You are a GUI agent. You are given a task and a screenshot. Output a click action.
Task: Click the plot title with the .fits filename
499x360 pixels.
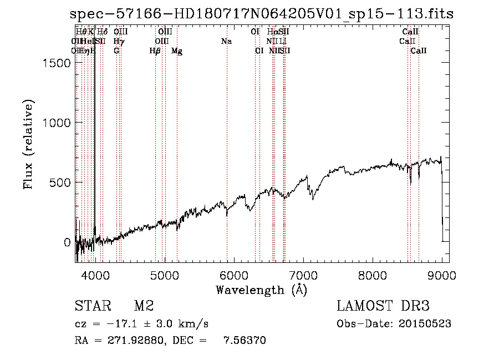click(262, 14)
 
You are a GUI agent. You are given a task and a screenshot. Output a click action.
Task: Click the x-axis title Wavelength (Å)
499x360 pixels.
click(262, 290)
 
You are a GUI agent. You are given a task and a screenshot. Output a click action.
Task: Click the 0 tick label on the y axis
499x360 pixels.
click(67, 242)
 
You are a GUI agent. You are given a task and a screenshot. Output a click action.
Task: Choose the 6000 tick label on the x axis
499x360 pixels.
click(234, 275)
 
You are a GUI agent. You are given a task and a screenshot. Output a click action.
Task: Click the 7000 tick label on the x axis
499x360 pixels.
click(303, 275)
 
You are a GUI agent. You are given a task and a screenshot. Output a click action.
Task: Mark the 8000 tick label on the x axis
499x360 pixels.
click(373, 275)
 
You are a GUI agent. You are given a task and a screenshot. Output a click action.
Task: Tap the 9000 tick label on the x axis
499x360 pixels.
click(442, 275)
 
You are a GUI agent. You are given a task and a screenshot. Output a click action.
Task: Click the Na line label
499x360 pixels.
click(226, 42)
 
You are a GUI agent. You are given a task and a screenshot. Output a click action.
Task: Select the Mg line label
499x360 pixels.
click(177, 51)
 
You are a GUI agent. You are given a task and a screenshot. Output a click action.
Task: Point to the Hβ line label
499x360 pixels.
click(155, 51)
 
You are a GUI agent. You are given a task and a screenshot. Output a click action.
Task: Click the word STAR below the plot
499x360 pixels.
click(90, 306)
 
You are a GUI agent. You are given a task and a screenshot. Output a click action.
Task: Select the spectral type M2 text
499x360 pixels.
click(144, 306)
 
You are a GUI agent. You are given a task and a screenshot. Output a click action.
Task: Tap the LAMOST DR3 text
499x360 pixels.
click(383, 306)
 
